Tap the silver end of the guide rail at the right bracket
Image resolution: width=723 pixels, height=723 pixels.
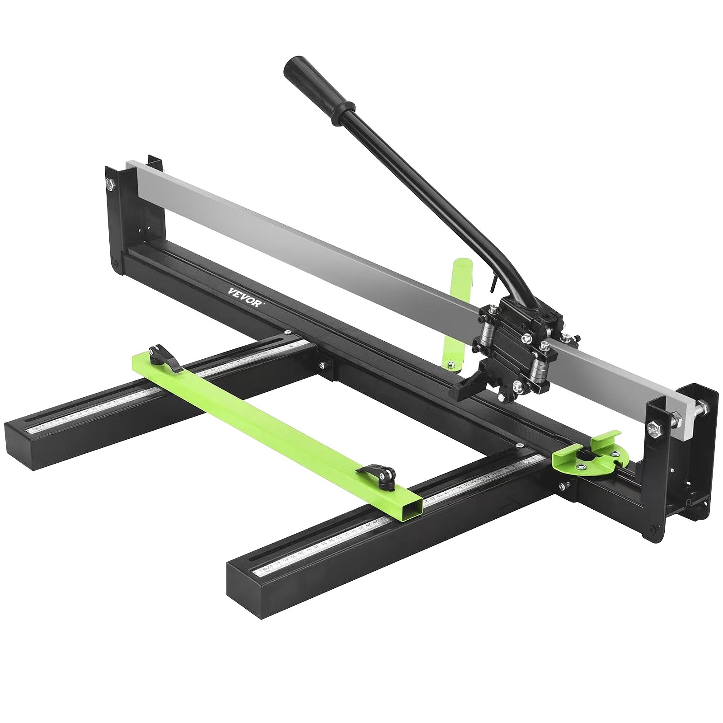click(x=687, y=416)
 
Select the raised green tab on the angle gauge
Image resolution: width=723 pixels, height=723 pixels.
click(x=608, y=437)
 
